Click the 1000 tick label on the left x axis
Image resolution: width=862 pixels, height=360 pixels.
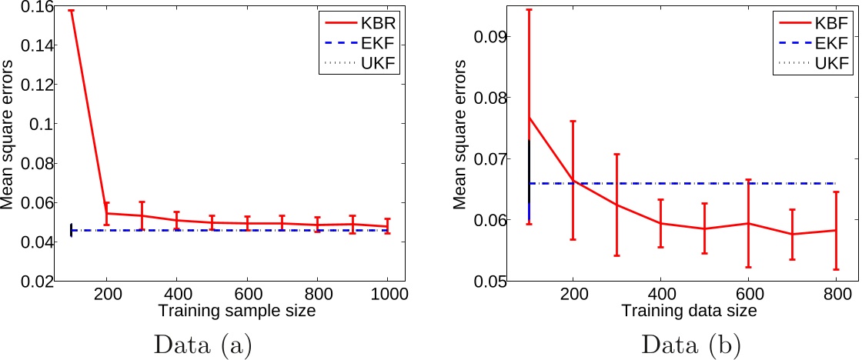387,294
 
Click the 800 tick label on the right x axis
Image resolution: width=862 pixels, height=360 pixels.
837,294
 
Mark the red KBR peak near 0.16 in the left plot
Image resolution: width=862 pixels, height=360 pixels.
72,11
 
